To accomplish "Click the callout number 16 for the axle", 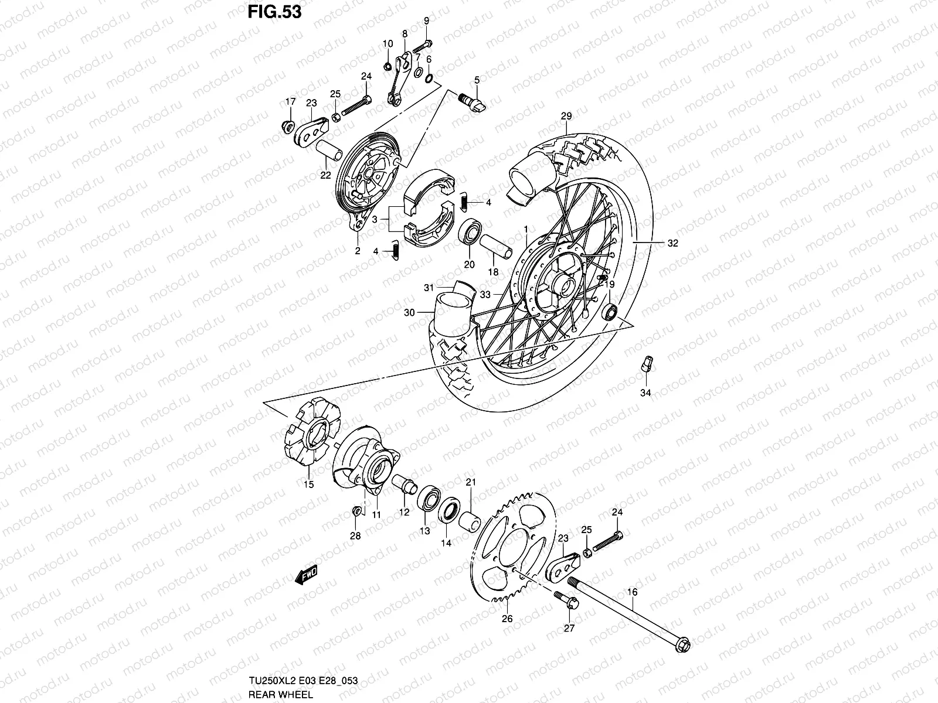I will [632, 592].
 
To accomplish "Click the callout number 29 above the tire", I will [566, 116].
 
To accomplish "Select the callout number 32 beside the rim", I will [672, 244].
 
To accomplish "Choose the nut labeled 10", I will [387, 65].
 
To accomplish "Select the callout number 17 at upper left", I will [307, 101].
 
